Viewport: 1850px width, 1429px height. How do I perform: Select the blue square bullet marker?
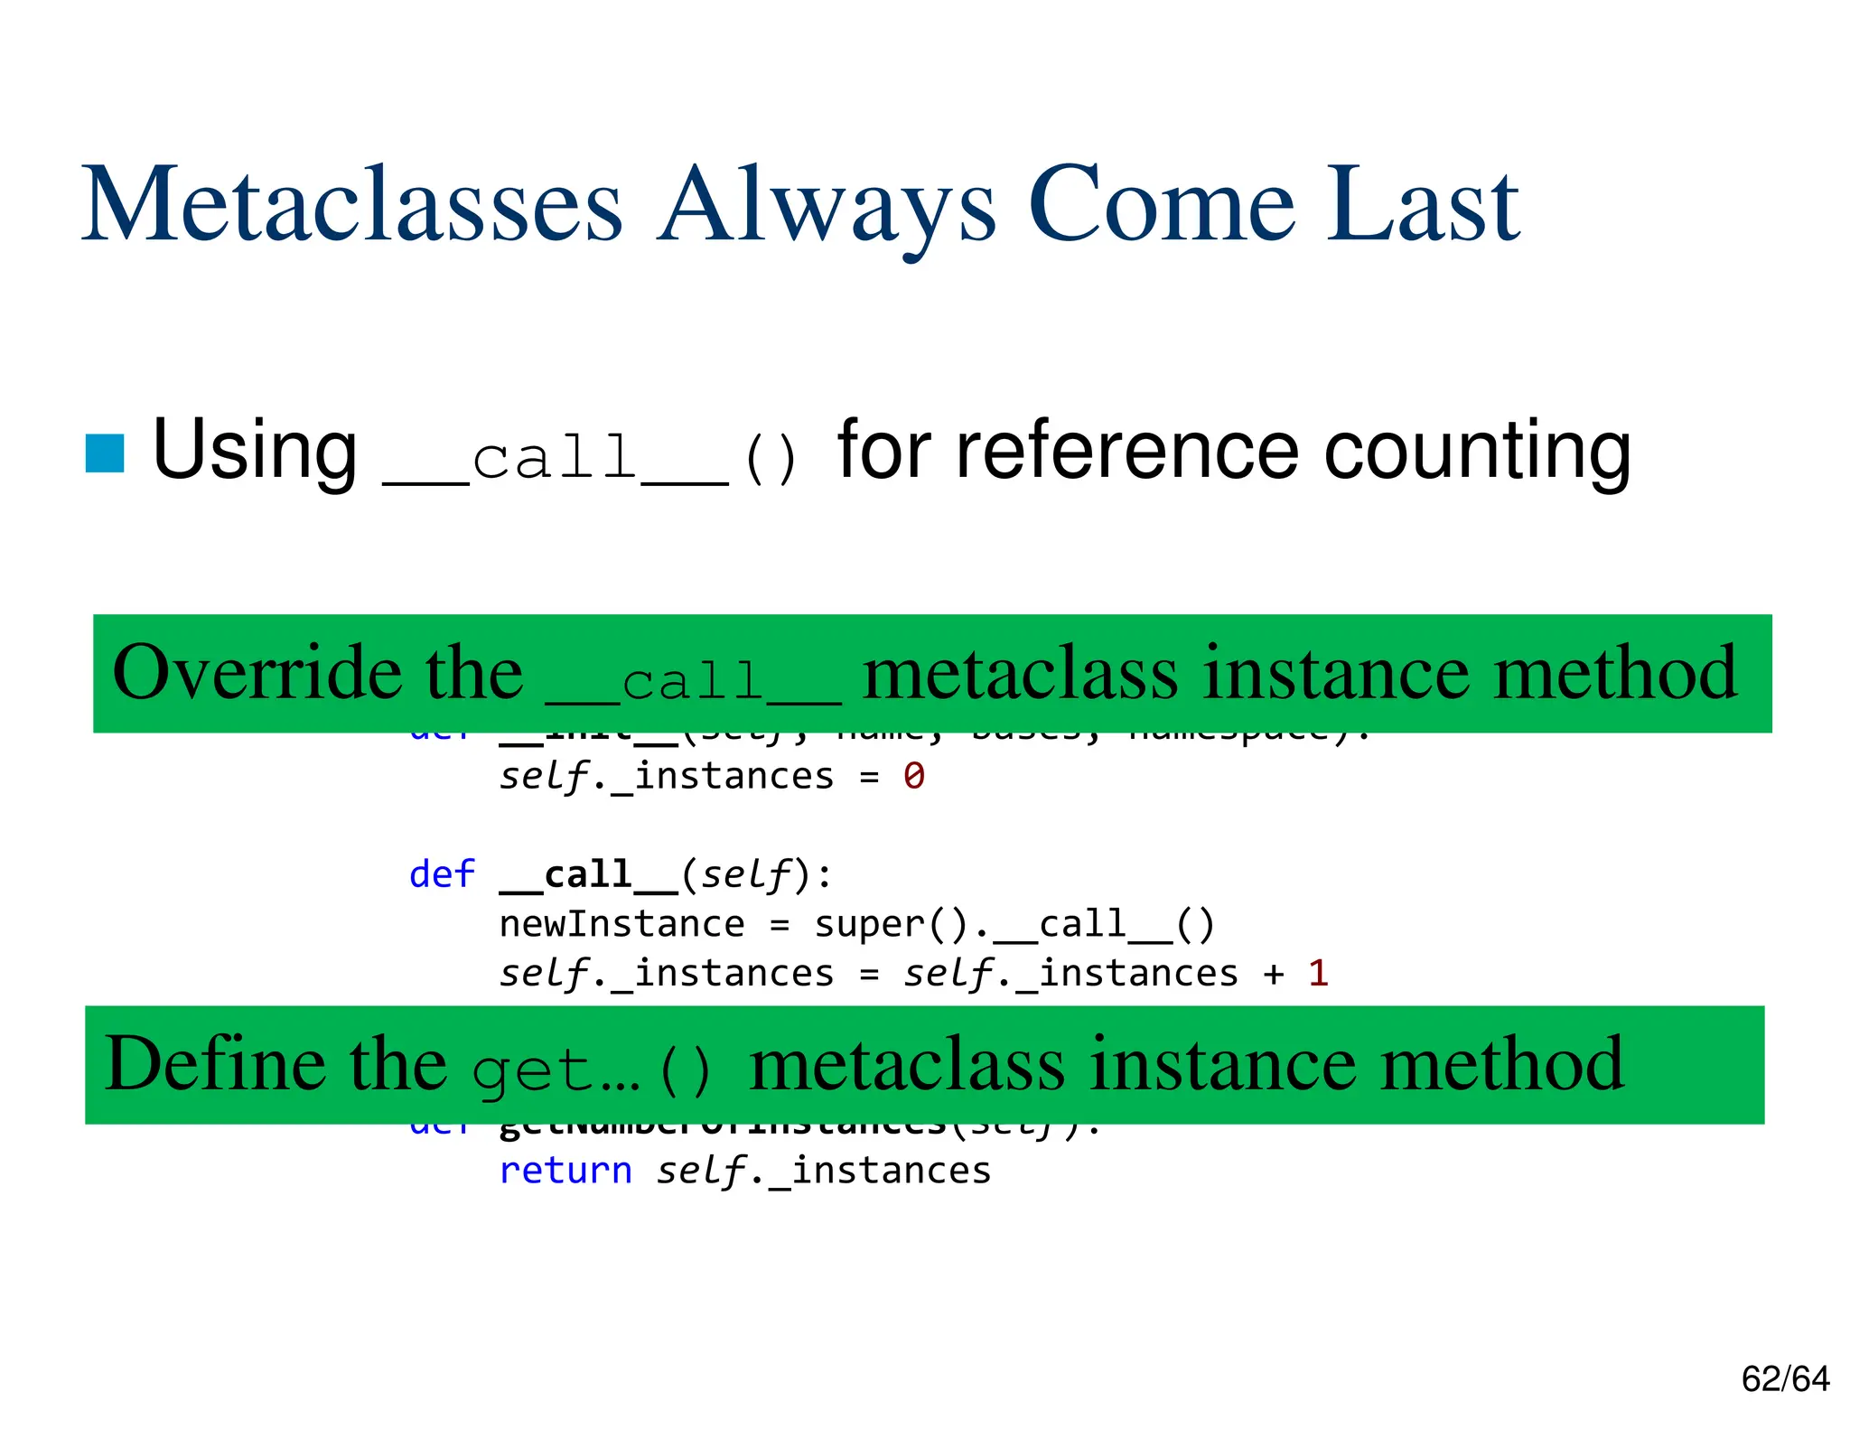point(105,453)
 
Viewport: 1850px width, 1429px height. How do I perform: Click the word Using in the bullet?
point(255,451)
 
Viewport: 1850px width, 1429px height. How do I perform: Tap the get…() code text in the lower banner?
point(592,1070)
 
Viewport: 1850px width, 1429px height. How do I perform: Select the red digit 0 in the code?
point(914,777)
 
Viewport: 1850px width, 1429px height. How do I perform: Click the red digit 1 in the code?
point(1318,974)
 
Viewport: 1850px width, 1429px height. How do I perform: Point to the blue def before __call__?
point(442,874)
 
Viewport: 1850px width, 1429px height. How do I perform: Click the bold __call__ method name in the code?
point(588,875)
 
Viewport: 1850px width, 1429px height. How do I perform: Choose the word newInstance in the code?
point(621,924)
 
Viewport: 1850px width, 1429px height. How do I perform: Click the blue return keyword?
point(565,1171)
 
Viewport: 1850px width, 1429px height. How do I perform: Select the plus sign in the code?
point(1274,974)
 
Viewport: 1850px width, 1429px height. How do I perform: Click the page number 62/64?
point(1785,1379)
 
